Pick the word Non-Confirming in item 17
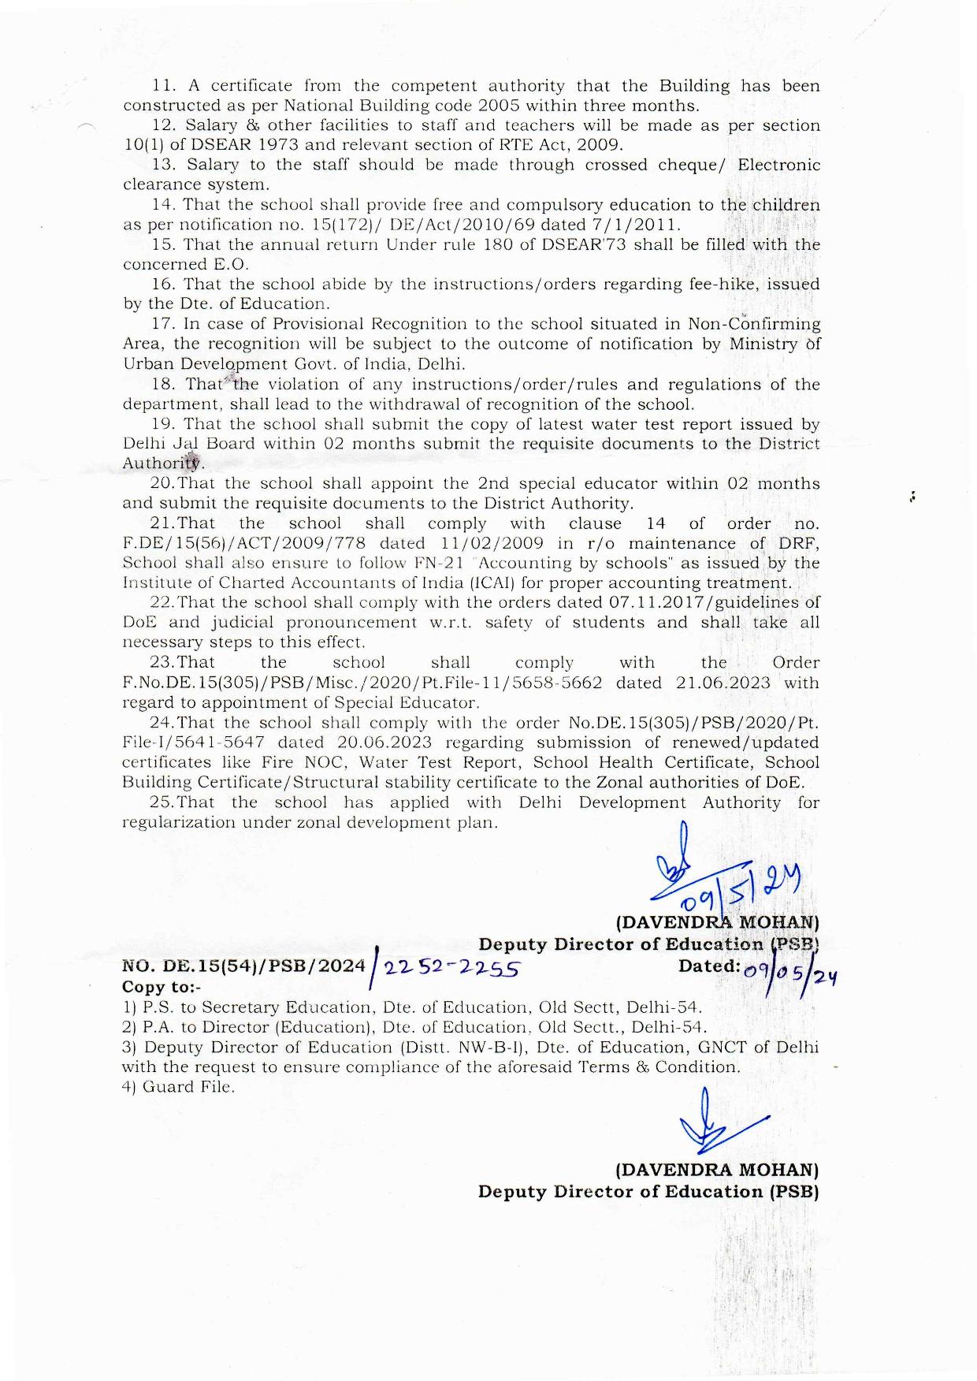click(x=754, y=324)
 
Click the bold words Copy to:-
click(x=162, y=987)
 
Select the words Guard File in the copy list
click(x=188, y=1087)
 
